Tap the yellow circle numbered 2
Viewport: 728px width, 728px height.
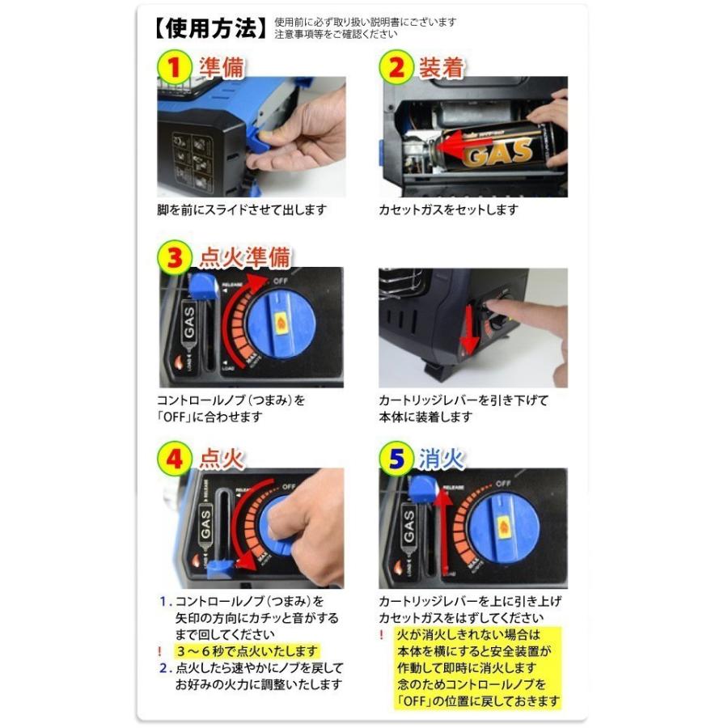[x=396, y=67]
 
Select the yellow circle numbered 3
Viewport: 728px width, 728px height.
[x=174, y=258]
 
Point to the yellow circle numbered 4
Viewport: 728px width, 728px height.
[x=174, y=459]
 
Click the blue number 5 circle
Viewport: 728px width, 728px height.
[x=396, y=459]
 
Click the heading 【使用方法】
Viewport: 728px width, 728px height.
[x=209, y=28]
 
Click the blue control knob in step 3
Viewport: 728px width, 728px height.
[x=281, y=323]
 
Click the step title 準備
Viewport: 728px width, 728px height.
[x=221, y=67]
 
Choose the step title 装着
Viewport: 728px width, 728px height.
[x=442, y=68]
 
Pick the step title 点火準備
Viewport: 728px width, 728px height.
[x=244, y=258]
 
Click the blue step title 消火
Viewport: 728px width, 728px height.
[x=442, y=459]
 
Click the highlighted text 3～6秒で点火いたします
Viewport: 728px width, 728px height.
[x=248, y=650]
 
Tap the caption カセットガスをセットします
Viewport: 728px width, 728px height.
[x=448, y=210]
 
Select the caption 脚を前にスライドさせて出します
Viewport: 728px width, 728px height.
[x=242, y=210]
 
